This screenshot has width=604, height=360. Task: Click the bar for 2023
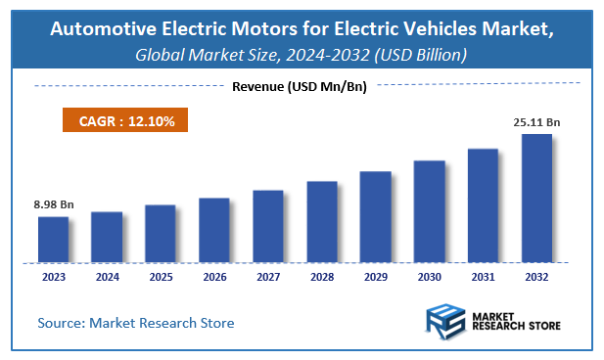[54, 240]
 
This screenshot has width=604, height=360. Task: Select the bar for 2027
[268, 226]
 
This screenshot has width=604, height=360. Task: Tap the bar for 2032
[536, 199]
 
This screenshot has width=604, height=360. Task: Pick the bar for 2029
[376, 216]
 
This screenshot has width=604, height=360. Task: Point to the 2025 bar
[161, 234]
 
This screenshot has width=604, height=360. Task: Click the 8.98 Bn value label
[52, 205]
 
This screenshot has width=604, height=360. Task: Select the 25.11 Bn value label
[536, 123]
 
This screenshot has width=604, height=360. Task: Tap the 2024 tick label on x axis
[107, 277]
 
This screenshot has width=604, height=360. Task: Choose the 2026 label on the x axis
[214, 277]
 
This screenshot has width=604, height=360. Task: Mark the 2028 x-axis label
[322, 277]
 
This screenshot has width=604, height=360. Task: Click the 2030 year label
[429, 277]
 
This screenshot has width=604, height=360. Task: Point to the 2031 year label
[483, 277]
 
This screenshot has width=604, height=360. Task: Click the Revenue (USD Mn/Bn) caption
[300, 87]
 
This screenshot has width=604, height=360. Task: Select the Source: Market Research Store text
[136, 322]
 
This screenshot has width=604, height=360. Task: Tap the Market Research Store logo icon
[445, 320]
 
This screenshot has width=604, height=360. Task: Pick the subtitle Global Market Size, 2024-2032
[259, 56]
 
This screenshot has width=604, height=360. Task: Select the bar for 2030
[429, 211]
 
